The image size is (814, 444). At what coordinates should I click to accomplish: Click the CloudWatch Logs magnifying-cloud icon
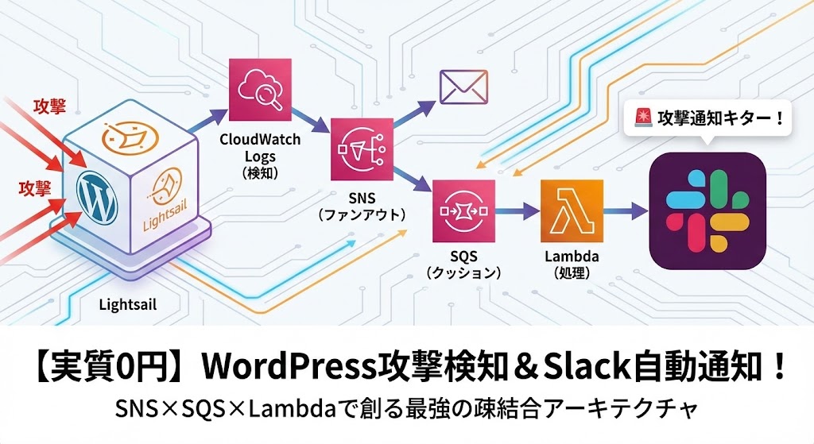coord(260,90)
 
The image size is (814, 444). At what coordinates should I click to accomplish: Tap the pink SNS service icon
coord(362,149)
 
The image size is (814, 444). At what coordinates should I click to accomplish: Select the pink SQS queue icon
coord(463,211)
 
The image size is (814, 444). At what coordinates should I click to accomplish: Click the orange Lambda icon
coord(572,211)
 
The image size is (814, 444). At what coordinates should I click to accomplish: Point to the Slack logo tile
coord(707,210)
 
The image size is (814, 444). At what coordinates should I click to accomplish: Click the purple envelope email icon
coord(463,87)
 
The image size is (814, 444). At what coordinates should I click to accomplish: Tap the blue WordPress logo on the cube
coord(96,197)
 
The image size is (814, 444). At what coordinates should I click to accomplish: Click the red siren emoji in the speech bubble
coord(643,118)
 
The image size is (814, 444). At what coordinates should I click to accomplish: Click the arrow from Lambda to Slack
coord(626,211)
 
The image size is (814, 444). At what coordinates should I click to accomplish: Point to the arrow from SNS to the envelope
coord(415,114)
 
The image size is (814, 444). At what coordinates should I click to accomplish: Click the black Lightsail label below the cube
coord(128,304)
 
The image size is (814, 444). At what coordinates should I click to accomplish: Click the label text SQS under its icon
coord(463,257)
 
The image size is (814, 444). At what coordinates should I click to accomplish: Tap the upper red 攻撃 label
coord(50,106)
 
